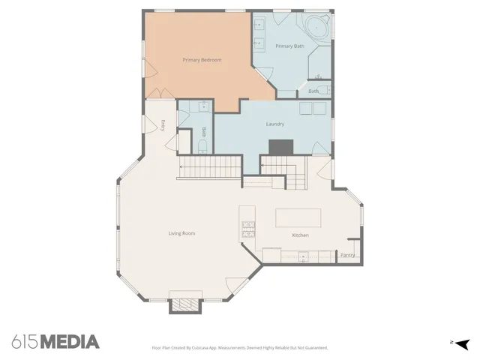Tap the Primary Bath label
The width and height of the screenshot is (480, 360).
click(x=289, y=46)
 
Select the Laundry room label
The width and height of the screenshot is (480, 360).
click(x=274, y=124)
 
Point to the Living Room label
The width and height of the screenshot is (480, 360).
click(x=181, y=233)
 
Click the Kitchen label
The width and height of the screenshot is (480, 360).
click(x=300, y=235)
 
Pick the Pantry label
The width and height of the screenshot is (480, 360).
click(x=347, y=255)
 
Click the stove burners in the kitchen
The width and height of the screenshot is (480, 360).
click(x=247, y=228)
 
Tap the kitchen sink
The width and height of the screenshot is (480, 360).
click(x=303, y=256)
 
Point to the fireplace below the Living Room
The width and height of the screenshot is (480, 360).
click(x=184, y=304)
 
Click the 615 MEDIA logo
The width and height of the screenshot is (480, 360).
click(x=55, y=342)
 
